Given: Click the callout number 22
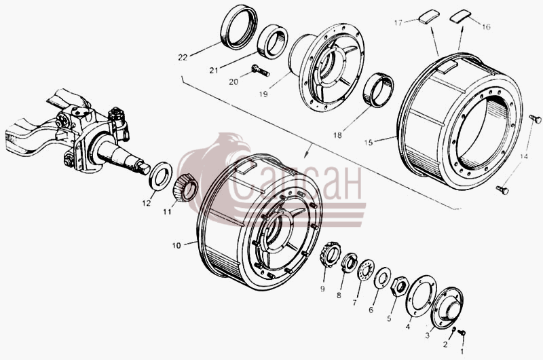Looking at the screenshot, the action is point(183,58).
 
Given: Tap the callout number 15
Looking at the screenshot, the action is point(369,143).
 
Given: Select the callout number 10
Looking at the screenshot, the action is point(176,246).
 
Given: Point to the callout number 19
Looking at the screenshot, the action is point(263,94).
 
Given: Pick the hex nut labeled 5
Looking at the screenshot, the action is point(399,286).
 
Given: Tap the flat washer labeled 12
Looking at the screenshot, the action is point(161,175).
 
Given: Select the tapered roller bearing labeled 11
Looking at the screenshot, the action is point(185,187).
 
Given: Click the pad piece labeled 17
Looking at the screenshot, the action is point(429,16).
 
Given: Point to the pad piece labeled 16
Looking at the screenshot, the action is point(460,16).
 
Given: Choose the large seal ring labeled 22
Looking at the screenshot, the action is point(239,27).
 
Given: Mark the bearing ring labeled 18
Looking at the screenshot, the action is point(379,90).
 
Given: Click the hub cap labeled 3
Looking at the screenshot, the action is point(447,308).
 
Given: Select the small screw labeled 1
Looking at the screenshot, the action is point(462,333).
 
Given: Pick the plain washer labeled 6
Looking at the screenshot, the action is point(382,278).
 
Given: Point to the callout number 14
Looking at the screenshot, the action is point(523,157).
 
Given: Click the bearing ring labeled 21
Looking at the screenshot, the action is point(273,42).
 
